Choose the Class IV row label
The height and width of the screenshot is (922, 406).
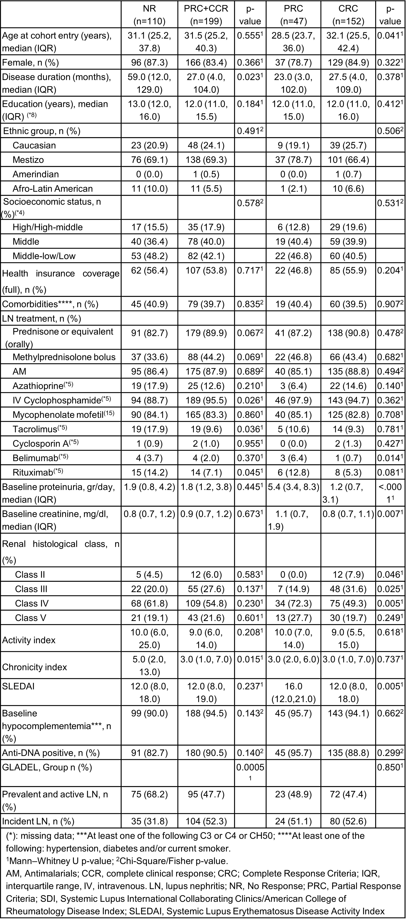(31, 603)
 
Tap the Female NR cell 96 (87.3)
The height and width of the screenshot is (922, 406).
(149, 63)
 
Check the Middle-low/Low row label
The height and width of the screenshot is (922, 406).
(44, 256)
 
